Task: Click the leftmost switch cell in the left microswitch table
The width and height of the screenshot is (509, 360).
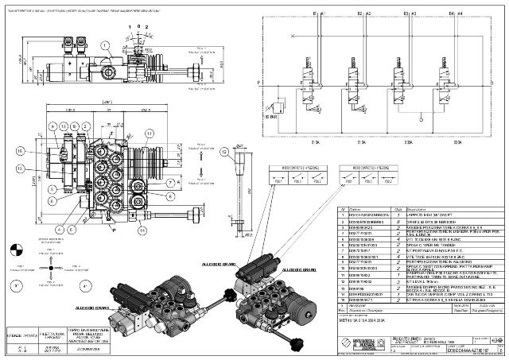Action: click(x=279, y=179)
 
